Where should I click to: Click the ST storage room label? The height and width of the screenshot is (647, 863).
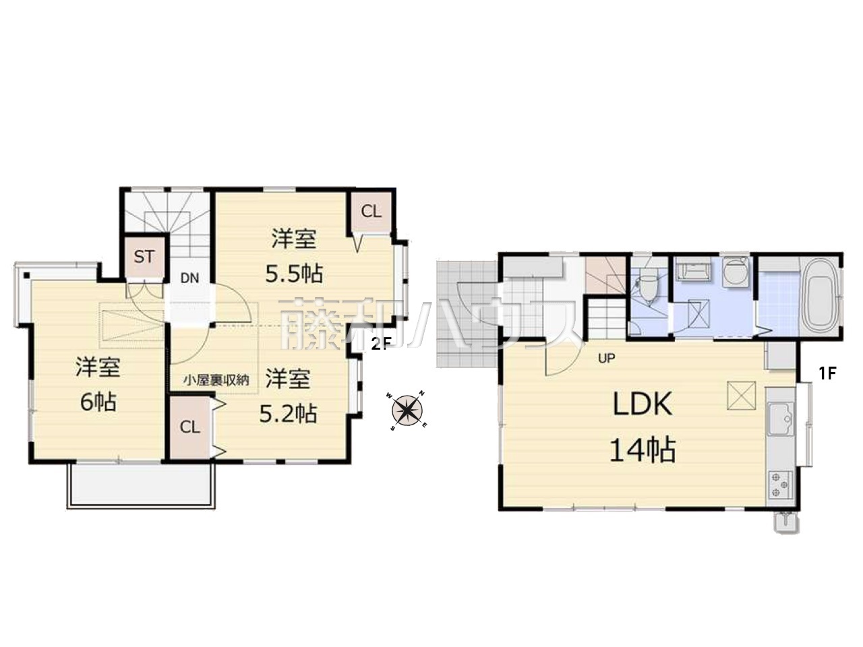tap(144, 257)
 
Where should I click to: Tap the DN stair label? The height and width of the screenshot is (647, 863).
tap(189, 278)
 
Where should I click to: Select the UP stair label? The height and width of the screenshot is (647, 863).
tap(606, 358)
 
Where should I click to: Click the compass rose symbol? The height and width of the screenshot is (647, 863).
tap(407, 411)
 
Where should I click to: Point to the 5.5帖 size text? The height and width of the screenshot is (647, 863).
tap(294, 274)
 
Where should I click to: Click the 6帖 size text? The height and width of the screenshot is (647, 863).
tap(98, 402)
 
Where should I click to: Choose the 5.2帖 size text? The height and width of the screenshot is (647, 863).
tap(288, 413)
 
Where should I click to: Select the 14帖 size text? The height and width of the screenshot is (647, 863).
tap(643, 450)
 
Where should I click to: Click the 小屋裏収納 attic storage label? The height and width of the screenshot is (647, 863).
tap(216, 380)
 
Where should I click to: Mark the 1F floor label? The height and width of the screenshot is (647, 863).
tap(827, 373)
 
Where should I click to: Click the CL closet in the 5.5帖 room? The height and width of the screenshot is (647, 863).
tap(371, 212)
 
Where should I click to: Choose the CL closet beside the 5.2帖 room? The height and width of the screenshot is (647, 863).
tap(189, 428)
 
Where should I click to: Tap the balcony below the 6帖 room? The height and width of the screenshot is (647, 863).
tap(141, 486)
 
